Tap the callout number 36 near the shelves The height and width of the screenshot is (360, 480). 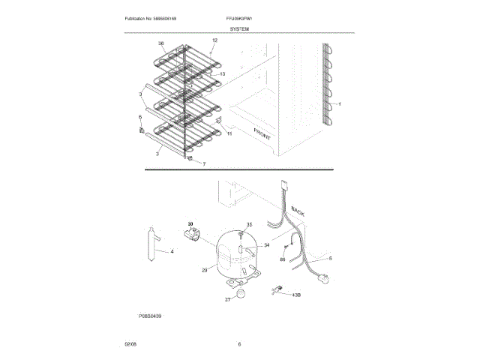161,43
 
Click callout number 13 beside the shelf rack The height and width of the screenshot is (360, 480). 222,75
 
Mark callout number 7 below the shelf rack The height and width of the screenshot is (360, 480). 202,163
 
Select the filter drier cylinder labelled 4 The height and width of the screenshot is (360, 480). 151,244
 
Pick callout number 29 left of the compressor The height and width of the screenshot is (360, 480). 203,269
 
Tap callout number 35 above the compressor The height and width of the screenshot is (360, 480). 250,224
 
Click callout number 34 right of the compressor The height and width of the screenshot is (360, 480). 265,245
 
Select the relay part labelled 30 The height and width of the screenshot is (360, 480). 193,238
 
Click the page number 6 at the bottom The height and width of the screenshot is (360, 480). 239,343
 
